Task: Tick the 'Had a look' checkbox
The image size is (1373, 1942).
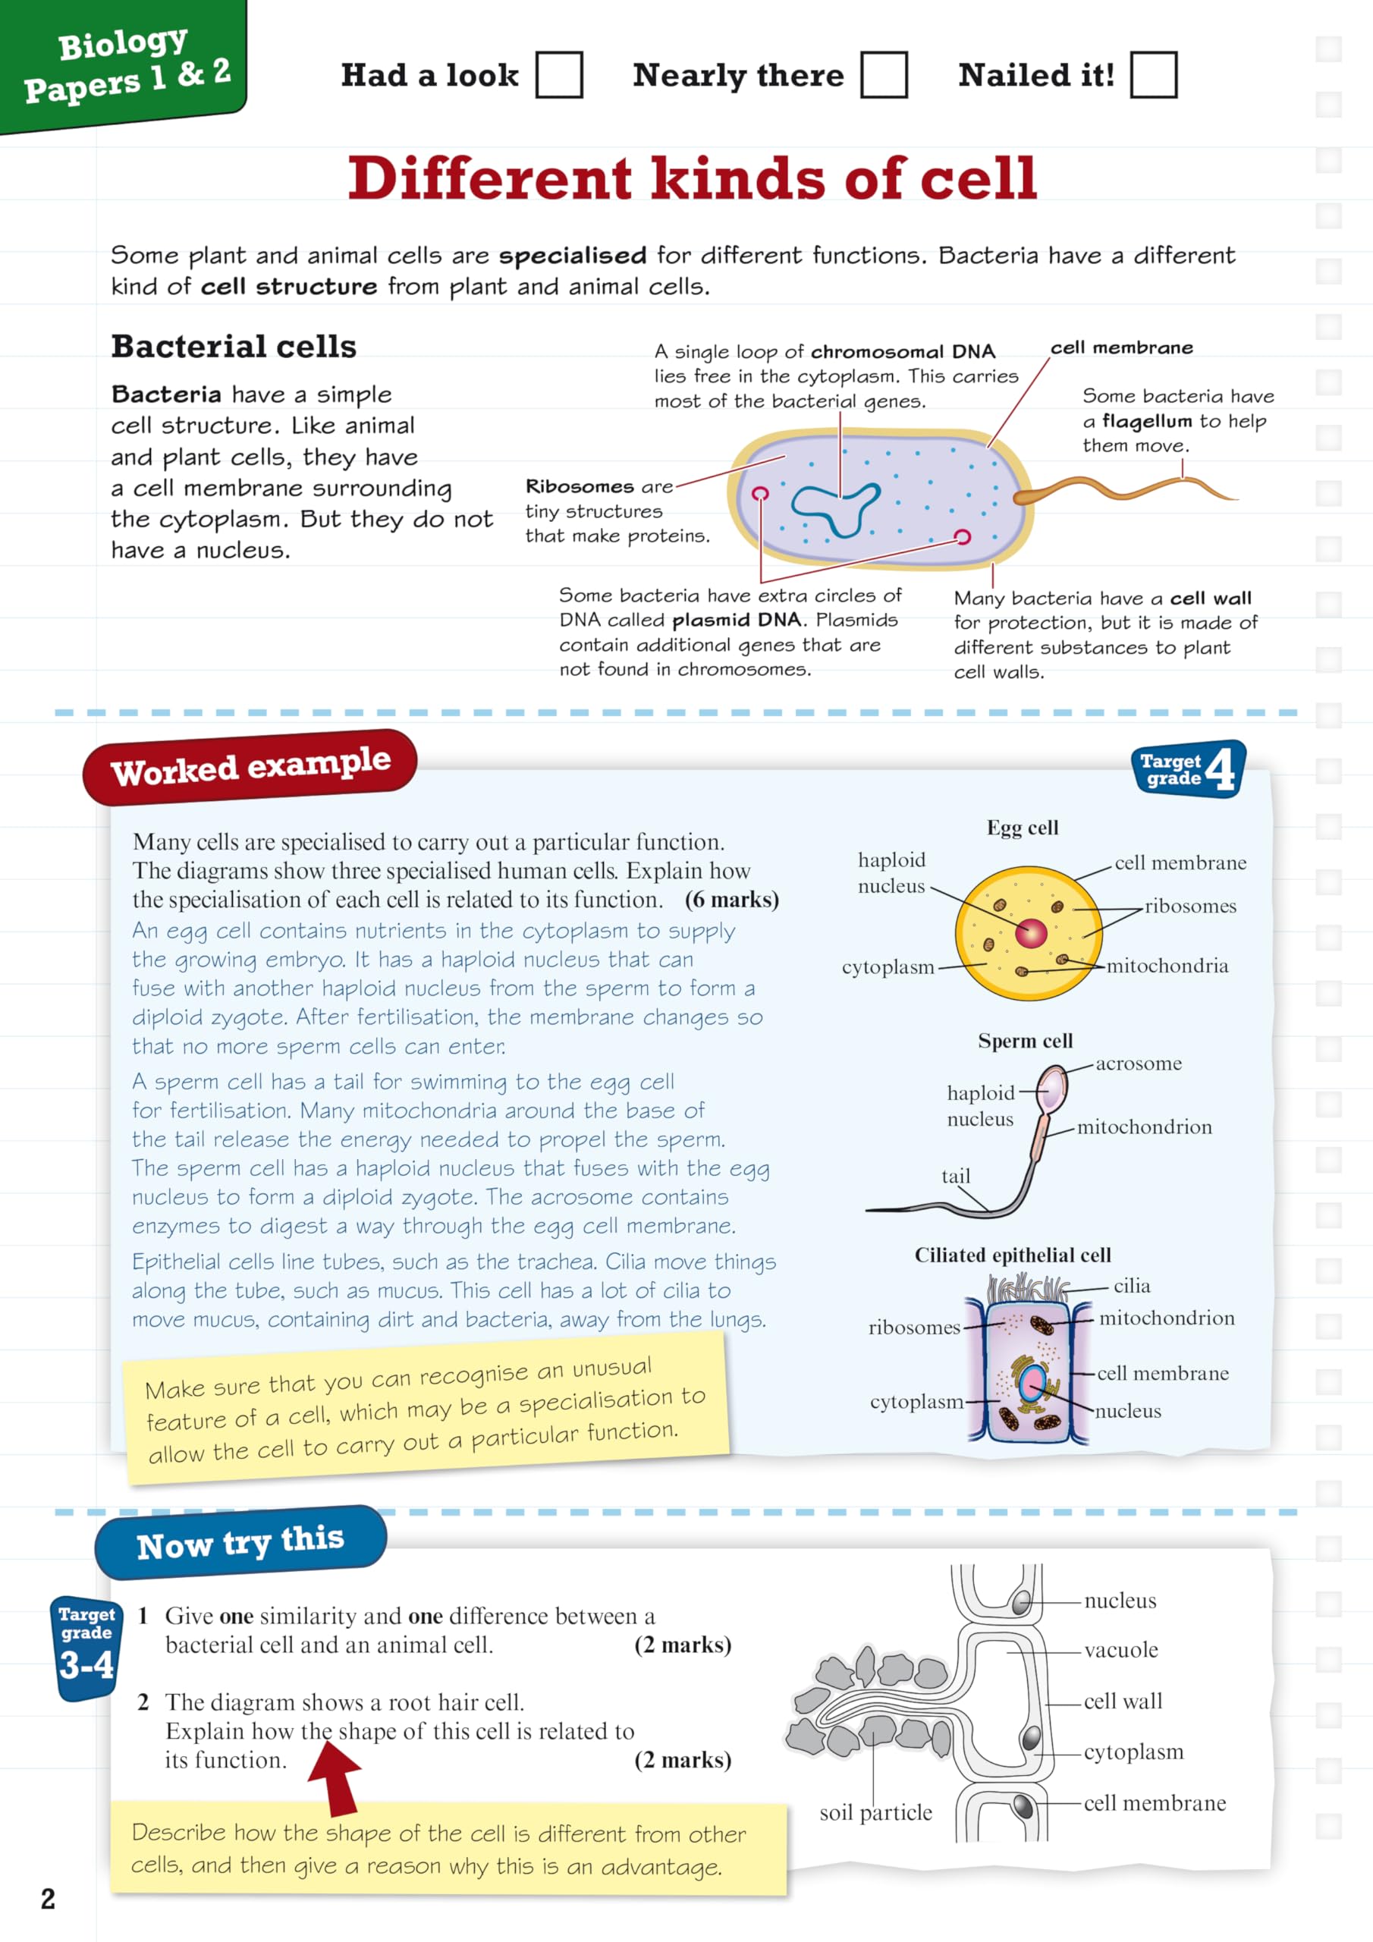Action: pos(558,74)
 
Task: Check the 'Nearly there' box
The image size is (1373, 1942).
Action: pos(883,74)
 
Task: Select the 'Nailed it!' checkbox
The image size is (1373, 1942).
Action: pos(1153,74)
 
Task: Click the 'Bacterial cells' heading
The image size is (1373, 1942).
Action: pos(234,346)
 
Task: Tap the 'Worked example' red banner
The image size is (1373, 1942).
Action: pos(250,767)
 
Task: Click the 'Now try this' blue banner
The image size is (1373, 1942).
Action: pos(240,1543)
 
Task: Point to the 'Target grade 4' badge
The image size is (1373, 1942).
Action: pos(1188,769)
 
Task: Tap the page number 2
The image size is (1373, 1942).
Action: pos(49,1899)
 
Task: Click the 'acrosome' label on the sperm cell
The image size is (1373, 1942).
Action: pos(1138,1064)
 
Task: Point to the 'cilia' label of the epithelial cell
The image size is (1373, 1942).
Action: pos(1131,1286)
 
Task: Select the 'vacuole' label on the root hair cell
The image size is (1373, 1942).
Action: pos(1120,1649)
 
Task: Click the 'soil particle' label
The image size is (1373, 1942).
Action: pos(875,1812)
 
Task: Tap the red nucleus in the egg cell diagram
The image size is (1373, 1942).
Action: pos(1030,934)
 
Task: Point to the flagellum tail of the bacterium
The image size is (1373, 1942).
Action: pos(1133,489)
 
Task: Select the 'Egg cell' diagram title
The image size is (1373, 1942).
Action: pos(1022,827)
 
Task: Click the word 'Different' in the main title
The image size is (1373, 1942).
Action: pos(489,178)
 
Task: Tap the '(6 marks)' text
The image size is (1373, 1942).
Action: pos(732,899)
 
